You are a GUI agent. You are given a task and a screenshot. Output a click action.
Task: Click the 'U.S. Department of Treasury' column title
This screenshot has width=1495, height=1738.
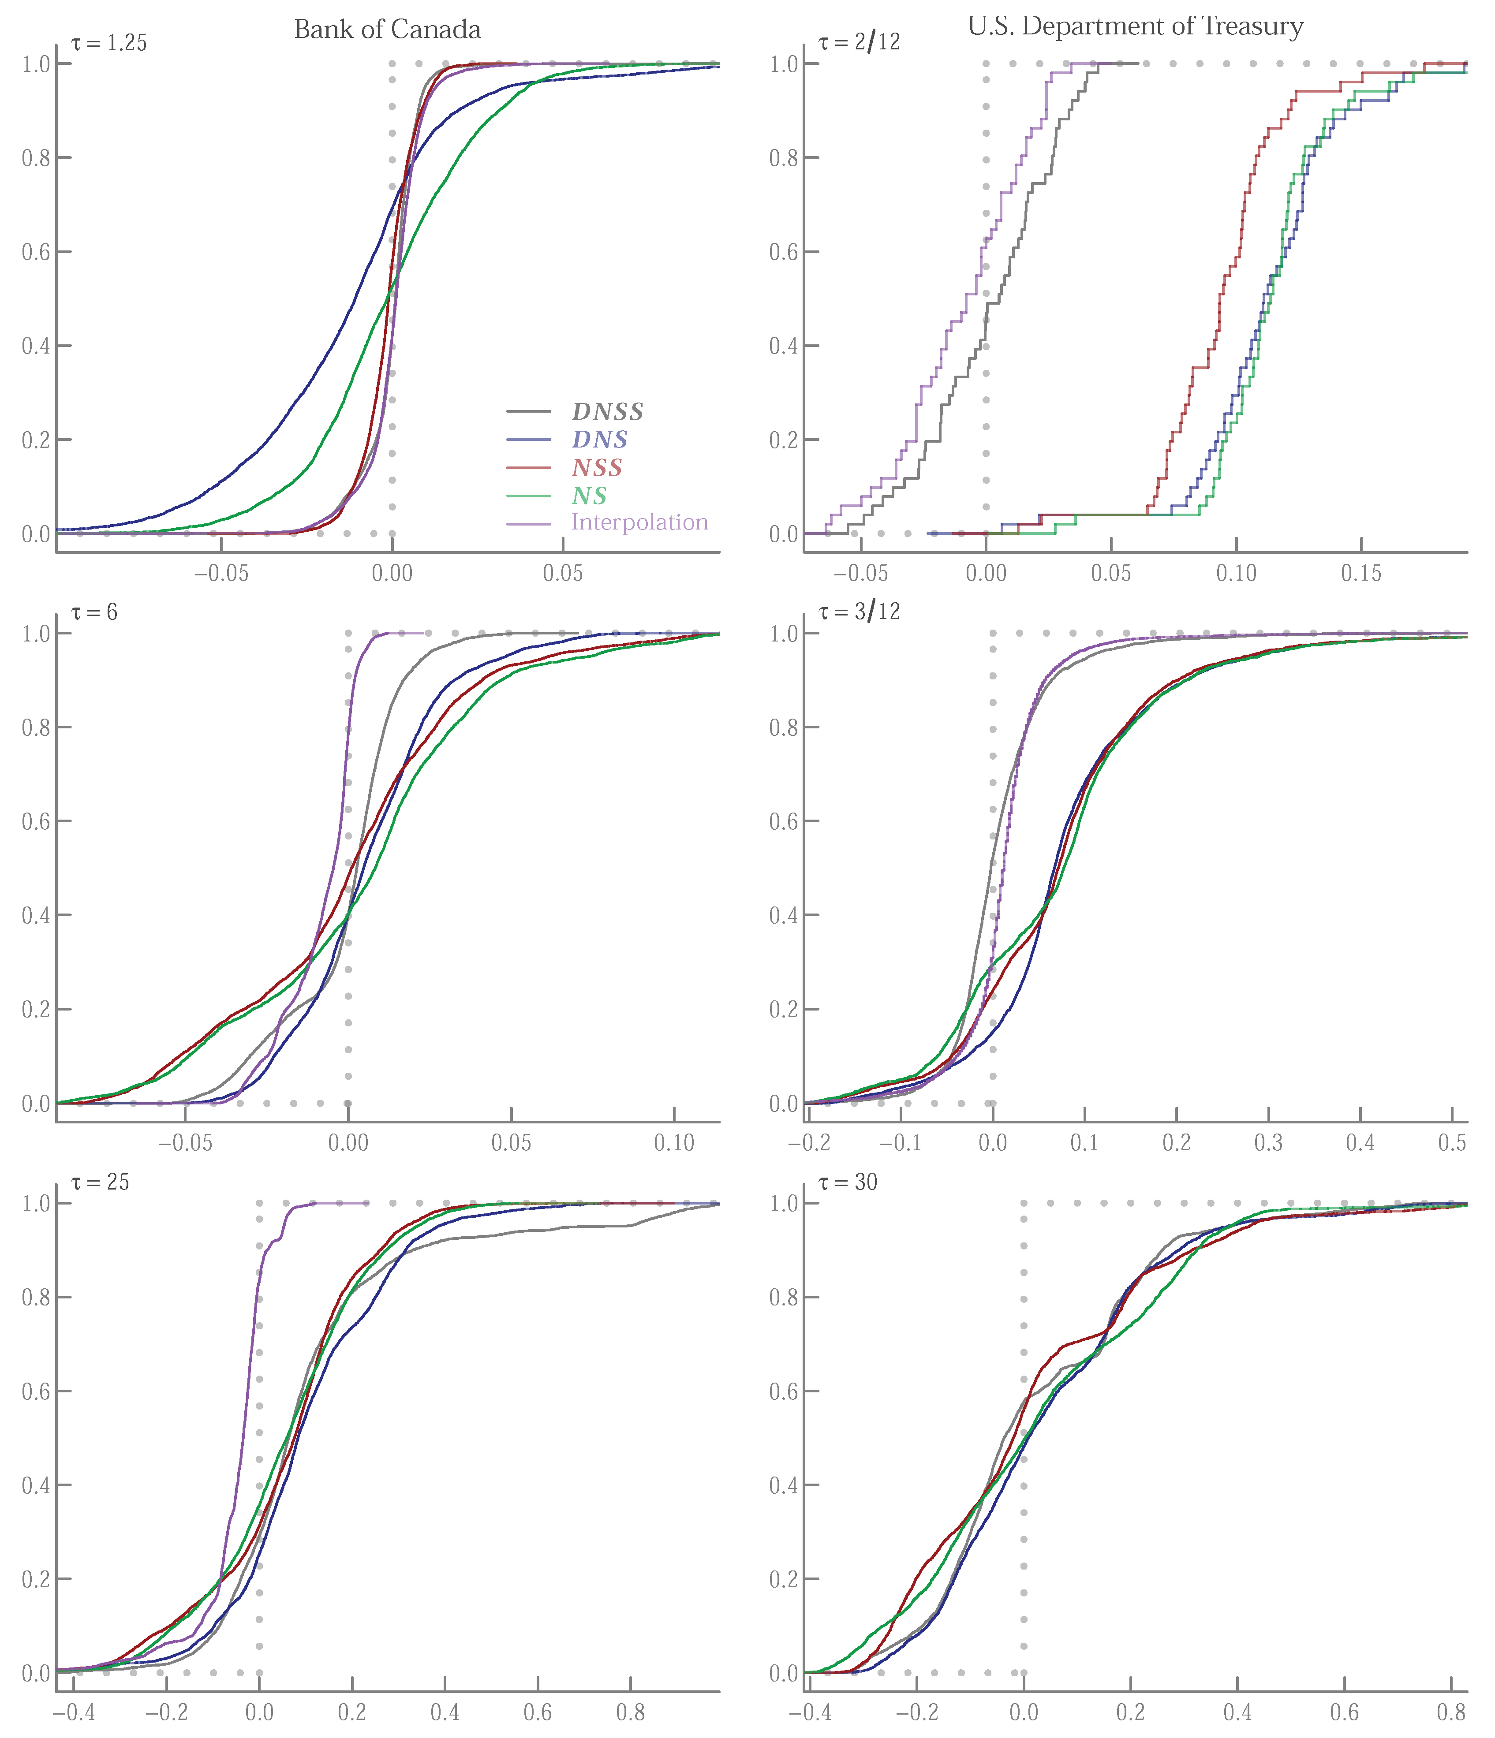[x=1135, y=27]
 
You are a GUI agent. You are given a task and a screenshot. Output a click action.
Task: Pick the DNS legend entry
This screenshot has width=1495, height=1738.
[x=599, y=440]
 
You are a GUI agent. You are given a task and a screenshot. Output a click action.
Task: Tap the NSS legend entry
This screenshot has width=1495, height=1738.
[x=597, y=468]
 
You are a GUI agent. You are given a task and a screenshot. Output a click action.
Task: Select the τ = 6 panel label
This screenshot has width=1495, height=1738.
[x=94, y=612]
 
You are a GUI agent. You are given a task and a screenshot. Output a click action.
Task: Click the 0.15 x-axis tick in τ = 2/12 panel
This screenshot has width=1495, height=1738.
[x=1361, y=574]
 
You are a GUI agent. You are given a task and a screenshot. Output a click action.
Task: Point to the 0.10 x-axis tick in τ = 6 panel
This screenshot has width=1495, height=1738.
[x=674, y=1143]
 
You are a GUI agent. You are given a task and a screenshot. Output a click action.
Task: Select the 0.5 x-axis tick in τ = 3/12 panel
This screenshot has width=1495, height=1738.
[x=1452, y=1143]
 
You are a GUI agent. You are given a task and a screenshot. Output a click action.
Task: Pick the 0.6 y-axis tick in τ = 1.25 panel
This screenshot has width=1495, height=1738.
[x=35, y=252]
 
